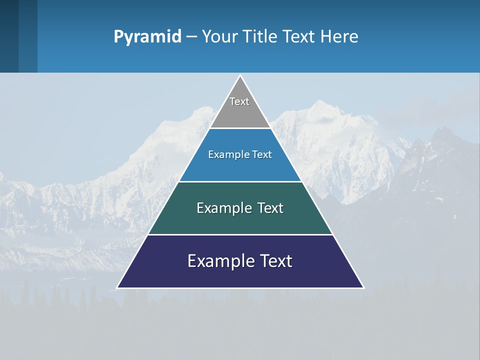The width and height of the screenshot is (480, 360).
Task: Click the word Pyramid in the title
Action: pos(147,37)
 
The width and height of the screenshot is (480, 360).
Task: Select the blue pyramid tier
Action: pos(240,167)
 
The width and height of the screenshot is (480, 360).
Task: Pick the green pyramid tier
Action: pos(240,220)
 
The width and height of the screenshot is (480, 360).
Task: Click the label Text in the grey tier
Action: pos(239,101)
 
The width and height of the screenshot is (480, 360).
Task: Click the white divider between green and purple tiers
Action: pos(240,234)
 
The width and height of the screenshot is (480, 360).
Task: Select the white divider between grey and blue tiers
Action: pos(240,128)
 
